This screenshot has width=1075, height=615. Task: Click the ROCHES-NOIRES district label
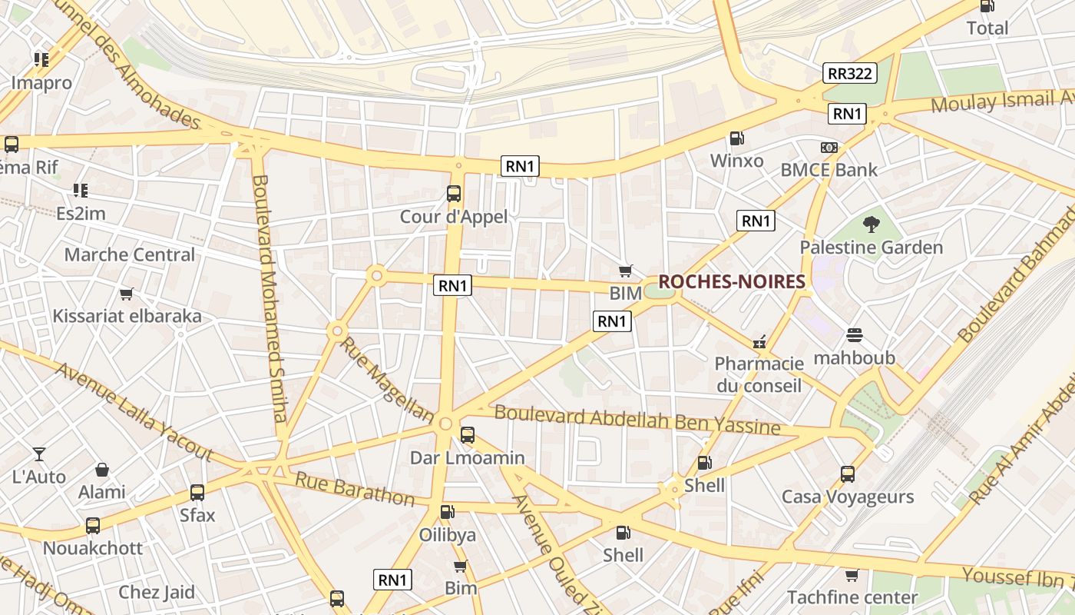(731, 282)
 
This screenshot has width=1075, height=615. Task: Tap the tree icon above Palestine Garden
(871, 225)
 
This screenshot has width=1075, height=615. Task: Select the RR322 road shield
(850, 73)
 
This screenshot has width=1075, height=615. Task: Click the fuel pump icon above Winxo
(736, 138)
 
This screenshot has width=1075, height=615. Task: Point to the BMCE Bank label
(829, 170)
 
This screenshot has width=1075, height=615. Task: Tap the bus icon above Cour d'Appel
(454, 194)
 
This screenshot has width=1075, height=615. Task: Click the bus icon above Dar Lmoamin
(467, 435)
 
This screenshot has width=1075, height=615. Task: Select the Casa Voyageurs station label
(848, 497)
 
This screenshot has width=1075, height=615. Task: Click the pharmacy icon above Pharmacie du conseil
(759, 342)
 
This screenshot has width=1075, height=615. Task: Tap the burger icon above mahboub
(855, 335)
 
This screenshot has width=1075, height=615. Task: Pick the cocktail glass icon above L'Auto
(39, 454)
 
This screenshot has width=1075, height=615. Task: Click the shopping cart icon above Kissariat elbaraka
(127, 294)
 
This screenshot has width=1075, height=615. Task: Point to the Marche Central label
(130, 254)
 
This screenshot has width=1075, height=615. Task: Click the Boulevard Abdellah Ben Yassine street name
(637, 419)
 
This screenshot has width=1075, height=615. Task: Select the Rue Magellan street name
(386, 379)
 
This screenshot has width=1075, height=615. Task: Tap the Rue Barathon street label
(355, 489)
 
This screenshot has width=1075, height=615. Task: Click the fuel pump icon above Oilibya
(447, 512)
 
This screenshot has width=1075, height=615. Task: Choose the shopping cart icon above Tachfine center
(852, 575)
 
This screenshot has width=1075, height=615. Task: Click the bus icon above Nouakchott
(93, 526)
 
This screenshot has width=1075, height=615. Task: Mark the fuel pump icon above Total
(987, 6)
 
